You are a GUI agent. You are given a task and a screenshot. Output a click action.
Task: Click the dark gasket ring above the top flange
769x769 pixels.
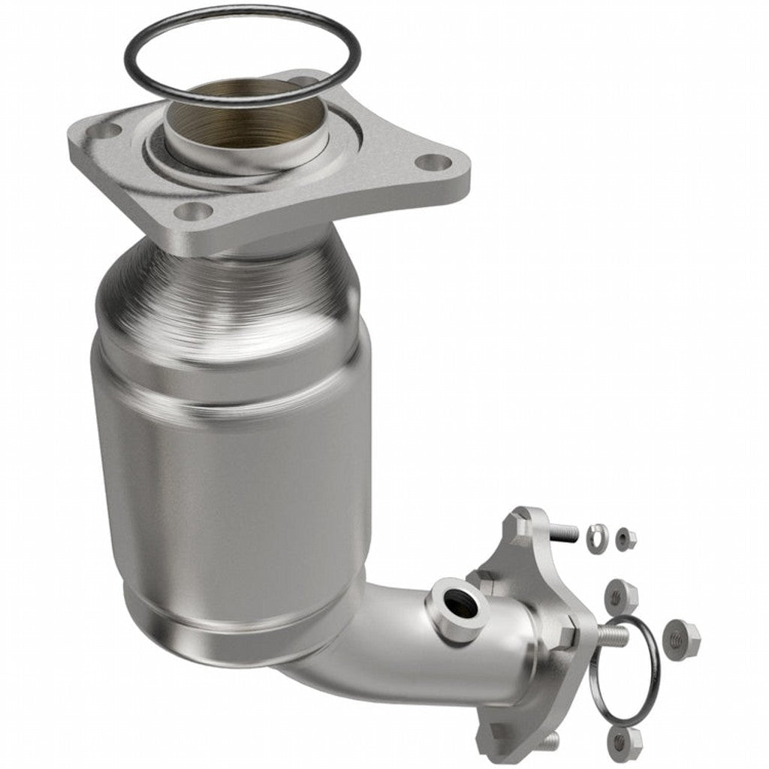pyautogui.click(x=135, y=45)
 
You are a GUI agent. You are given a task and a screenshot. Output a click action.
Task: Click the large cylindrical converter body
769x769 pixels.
pyautogui.click(x=233, y=481)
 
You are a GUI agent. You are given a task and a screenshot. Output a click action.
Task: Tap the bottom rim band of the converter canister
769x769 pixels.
pyautogui.click(x=225, y=635)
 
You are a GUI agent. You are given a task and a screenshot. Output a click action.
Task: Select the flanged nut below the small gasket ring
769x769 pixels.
pyautogui.click(x=620, y=742)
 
